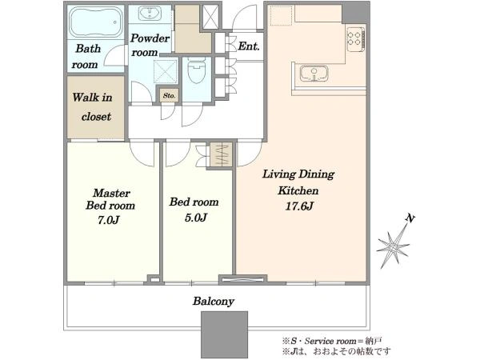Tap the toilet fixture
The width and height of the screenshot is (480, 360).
click(x=196, y=70)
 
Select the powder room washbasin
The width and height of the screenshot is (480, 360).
click(x=150, y=13)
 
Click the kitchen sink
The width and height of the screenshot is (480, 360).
click(x=314, y=74)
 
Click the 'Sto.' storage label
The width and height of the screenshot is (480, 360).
click(x=170, y=95)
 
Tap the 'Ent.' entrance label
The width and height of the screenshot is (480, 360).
click(x=249, y=46)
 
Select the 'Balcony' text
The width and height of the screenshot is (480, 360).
click(x=214, y=302)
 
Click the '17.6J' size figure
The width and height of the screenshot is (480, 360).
click(x=299, y=206)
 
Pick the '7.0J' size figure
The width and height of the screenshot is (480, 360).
click(x=108, y=220)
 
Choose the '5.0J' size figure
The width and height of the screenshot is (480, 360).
click(x=196, y=218)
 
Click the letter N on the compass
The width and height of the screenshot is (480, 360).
click(x=410, y=218)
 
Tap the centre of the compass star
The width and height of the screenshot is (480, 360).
click(x=393, y=246)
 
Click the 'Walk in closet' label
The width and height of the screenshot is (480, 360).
click(x=93, y=107)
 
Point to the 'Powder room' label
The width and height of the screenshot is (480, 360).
click(x=150, y=46)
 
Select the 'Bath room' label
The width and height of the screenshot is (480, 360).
click(x=86, y=56)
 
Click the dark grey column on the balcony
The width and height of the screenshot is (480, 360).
click(x=224, y=335)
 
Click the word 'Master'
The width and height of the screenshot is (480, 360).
click(x=111, y=193)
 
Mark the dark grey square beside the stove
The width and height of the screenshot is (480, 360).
click(x=356, y=14)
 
